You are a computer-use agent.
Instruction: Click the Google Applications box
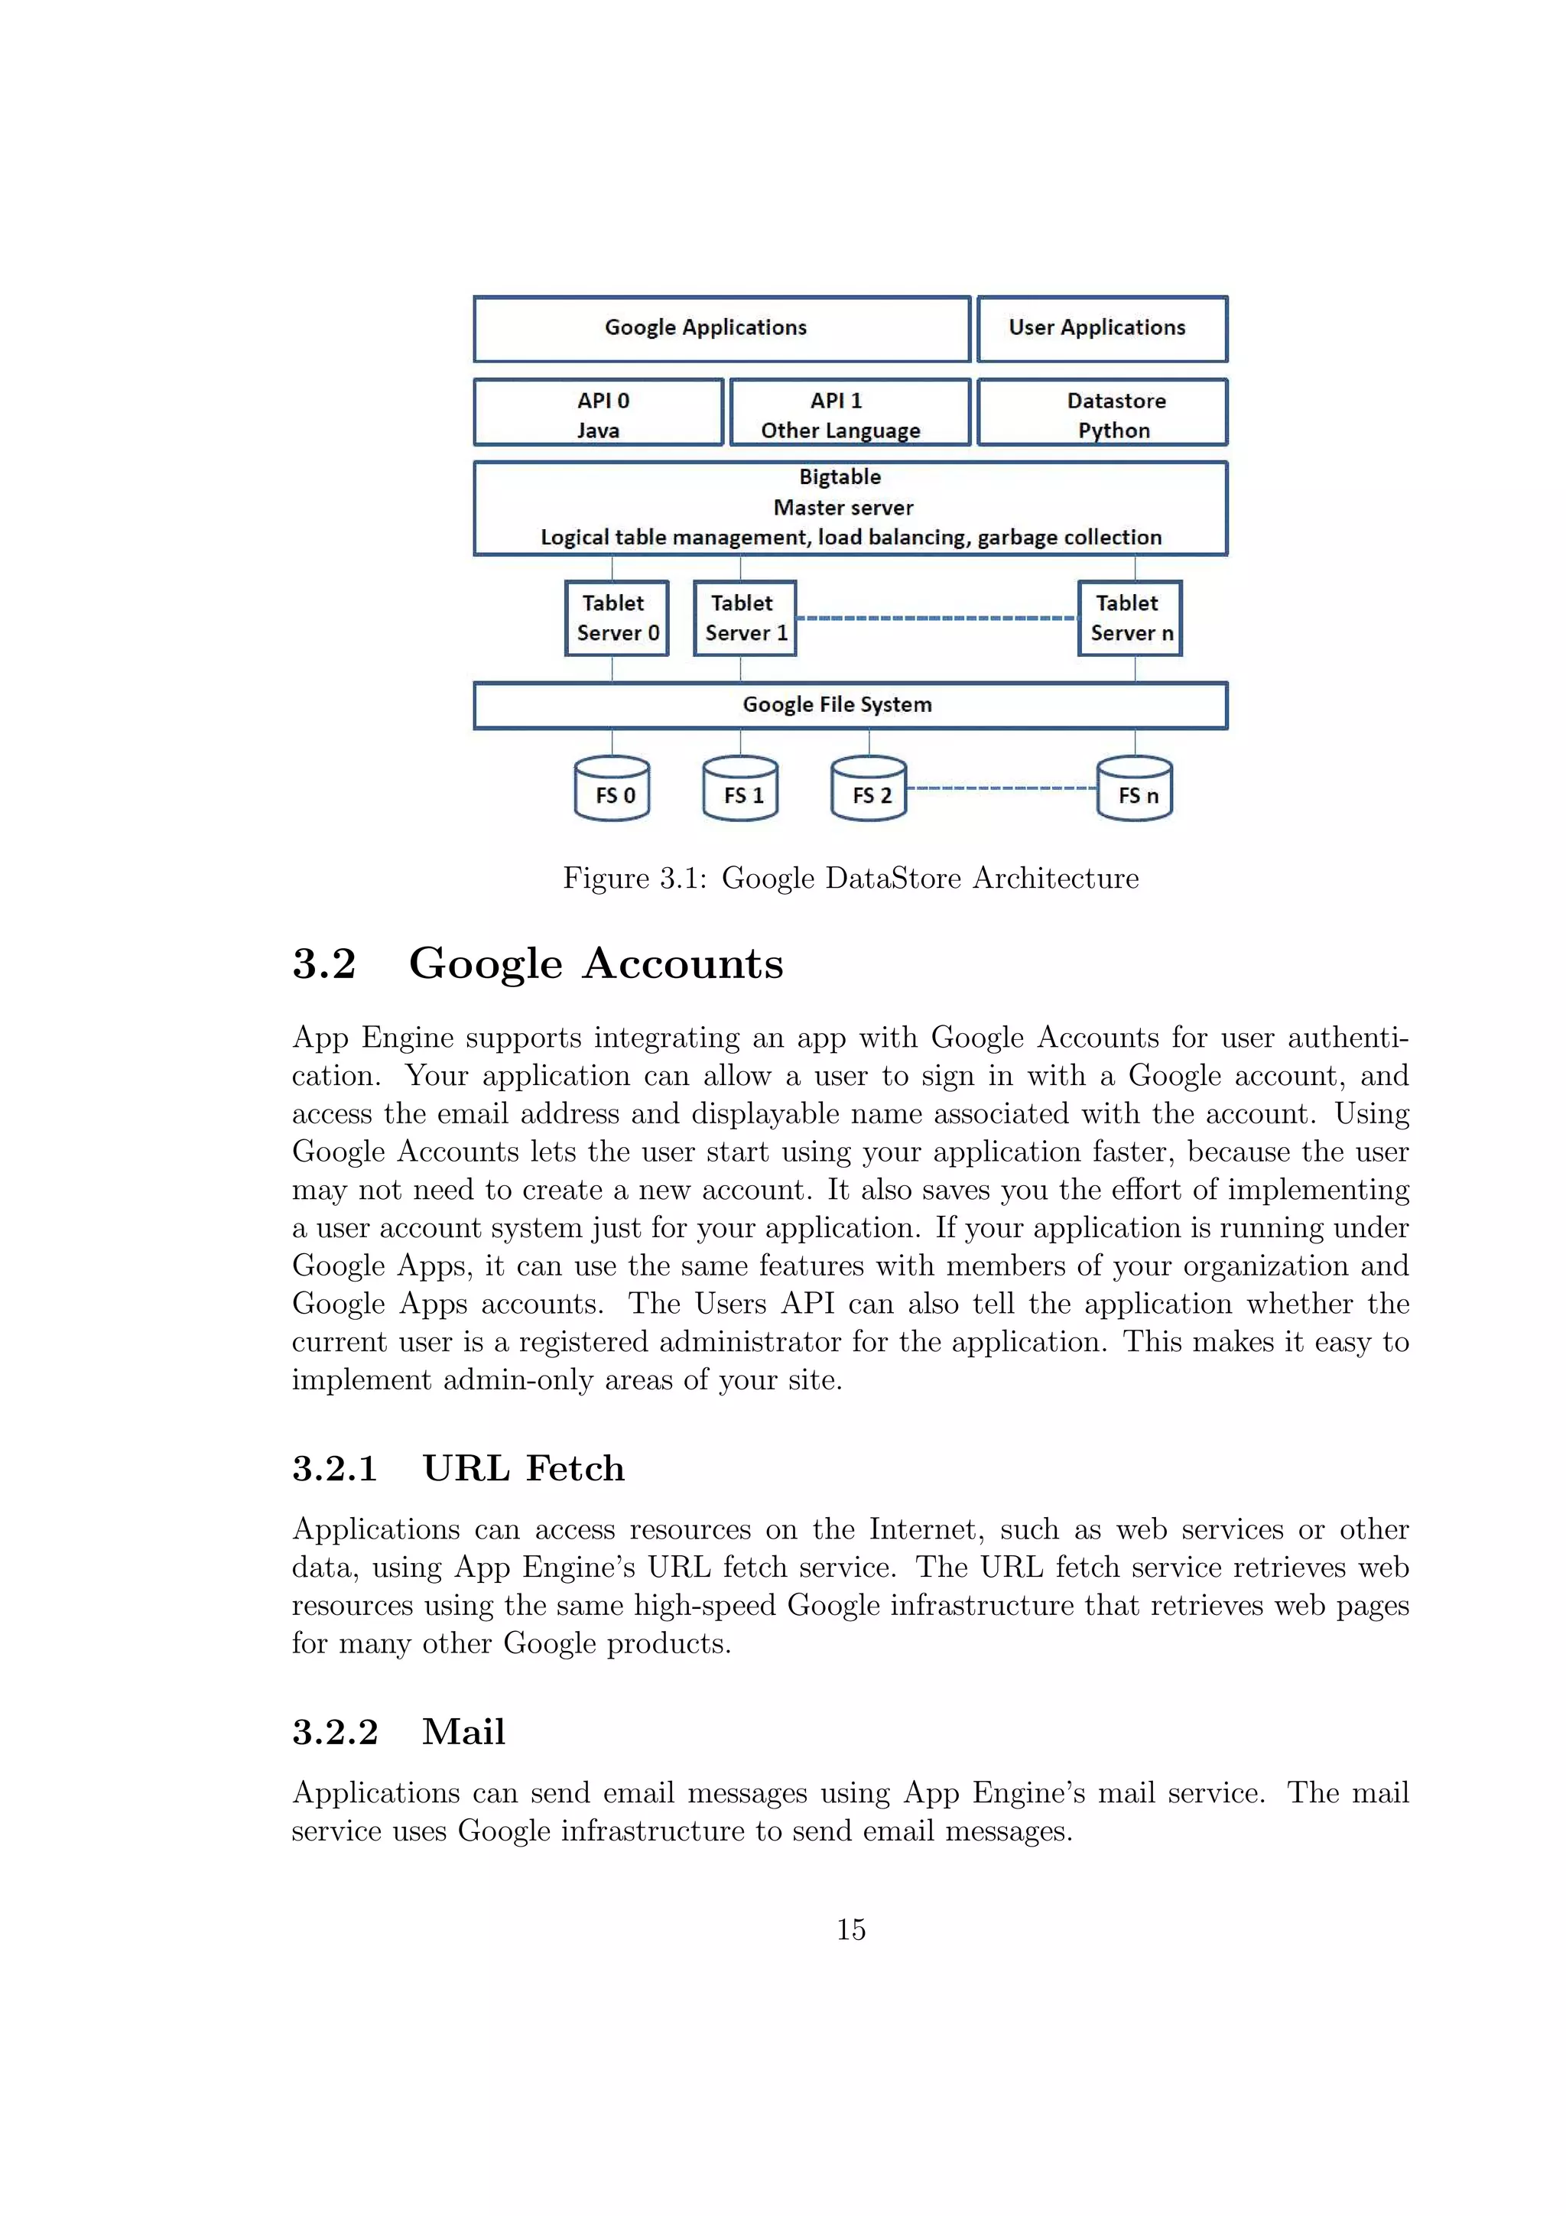[721, 329]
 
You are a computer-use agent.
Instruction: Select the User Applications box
[1101, 329]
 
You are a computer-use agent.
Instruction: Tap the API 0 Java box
[598, 413]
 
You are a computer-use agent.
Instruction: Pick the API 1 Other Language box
[849, 413]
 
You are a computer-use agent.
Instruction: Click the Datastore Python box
[1101, 413]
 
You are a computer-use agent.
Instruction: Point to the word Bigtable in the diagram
[840, 477]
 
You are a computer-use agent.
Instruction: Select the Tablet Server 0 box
[616, 619]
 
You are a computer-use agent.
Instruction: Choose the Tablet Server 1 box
[745, 619]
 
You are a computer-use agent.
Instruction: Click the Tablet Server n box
[1129, 619]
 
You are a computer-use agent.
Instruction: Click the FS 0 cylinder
[612, 789]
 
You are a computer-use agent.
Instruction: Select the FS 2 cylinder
[869, 789]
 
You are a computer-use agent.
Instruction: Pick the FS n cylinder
[1135, 789]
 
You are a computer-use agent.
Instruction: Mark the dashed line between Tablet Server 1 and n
[936, 618]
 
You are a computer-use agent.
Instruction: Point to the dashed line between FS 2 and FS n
[1002, 788]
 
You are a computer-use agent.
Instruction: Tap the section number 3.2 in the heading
[324, 964]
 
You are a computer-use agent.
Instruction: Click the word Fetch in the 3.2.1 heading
[575, 1469]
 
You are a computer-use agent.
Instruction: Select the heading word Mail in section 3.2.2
[463, 1733]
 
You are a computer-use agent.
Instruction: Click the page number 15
[850, 1930]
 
